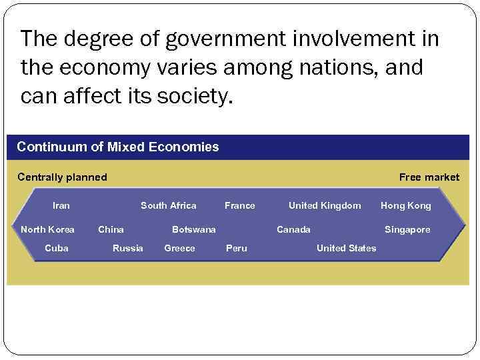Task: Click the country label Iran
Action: (61, 205)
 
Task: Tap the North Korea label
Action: (47, 229)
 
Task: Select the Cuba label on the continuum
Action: (57, 248)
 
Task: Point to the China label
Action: (111, 229)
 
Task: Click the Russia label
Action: (127, 248)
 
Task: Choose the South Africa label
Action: (168, 205)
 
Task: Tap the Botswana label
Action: (193, 229)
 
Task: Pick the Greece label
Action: (179, 248)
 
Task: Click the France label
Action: (239, 205)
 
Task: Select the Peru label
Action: (236, 248)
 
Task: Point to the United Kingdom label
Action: (324, 205)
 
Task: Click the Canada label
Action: (293, 229)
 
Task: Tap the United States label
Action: (346, 248)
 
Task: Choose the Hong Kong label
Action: (405, 205)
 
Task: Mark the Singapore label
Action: (407, 229)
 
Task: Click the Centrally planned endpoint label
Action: (62, 177)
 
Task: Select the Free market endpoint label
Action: (429, 177)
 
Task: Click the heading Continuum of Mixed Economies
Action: (117, 147)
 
